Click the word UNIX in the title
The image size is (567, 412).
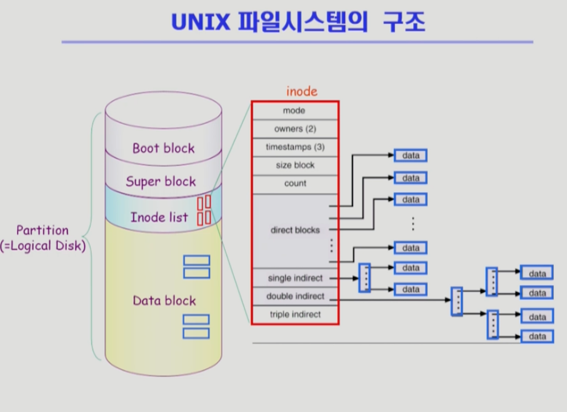[x=201, y=22]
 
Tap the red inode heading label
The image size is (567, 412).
[x=302, y=91]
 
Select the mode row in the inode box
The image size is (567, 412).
[x=294, y=110]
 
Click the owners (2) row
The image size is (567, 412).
[x=294, y=129]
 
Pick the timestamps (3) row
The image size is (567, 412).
[x=294, y=147]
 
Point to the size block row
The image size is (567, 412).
[x=294, y=165]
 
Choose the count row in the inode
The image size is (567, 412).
[x=294, y=183]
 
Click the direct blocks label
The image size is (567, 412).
[x=295, y=230]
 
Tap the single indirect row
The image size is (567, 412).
[x=294, y=278]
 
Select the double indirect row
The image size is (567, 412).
[x=294, y=296]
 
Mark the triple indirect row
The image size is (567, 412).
[x=294, y=314]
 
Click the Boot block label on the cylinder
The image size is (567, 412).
[x=163, y=148]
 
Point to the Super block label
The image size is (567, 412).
[x=161, y=182]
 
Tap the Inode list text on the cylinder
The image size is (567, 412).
[x=159, y=217]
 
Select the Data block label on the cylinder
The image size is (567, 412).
[x=164, y=301]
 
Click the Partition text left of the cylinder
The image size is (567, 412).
[x=43, y=230]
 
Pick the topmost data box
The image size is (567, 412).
[x=411, y=155]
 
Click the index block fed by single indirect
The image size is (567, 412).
[x=364, y=277]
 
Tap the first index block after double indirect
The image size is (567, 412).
[x=457, y=301]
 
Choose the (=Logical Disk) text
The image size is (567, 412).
[x=43, y=246]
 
